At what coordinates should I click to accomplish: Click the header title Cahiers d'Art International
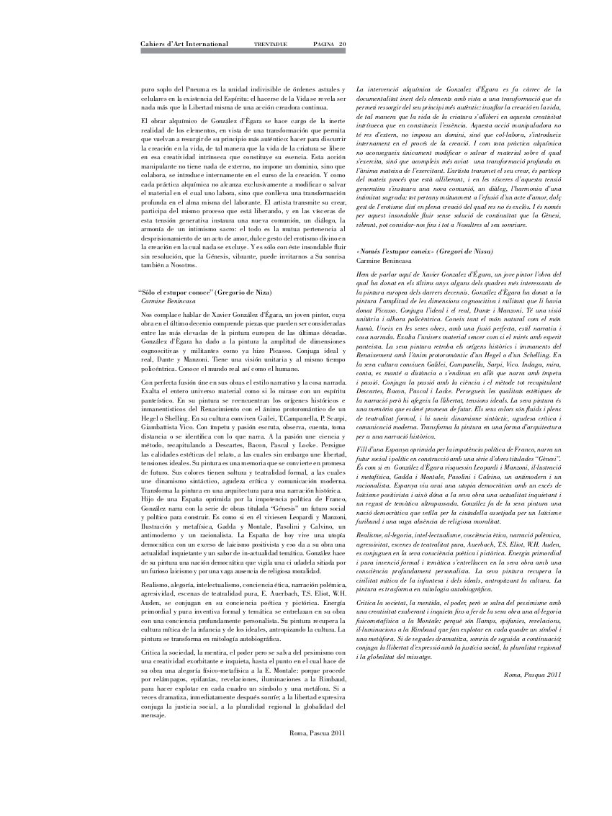pyautogui.click(x=184, y=44)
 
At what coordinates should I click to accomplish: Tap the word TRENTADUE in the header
pyautogui.click(x=271, y=45)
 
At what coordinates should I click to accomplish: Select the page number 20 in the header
pyautogui.click(x=343, y=44)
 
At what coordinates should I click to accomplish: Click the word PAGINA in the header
pyautogui.click(x=320, y=45)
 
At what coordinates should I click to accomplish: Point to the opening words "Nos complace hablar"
pyautogui.click(x=168, y=315)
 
